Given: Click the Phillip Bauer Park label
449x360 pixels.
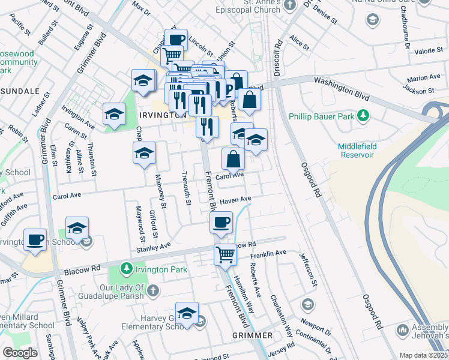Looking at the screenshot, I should point(322,115).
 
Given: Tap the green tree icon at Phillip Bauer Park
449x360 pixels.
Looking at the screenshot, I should point(363,115).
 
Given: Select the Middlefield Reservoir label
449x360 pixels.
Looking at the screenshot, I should point(364,150).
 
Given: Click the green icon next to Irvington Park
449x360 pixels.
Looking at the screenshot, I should point(126,268).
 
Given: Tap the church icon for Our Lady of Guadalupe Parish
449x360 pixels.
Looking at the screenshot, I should point(153,291).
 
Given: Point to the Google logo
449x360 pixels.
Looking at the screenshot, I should point(20,353).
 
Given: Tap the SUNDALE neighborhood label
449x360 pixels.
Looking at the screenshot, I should point(19,91).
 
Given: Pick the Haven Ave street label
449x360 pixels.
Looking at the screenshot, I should point(235,200).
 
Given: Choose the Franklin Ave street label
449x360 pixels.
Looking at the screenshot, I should point(268,254).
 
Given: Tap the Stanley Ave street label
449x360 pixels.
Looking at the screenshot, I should point(154,247).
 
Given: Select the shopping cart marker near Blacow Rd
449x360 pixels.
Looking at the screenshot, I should point(225,253).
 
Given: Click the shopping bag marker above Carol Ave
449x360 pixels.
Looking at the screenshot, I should point(233,159).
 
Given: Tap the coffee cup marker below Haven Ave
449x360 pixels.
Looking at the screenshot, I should point(221,223).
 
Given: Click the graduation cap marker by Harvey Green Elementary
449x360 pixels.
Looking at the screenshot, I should point(187,313).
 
